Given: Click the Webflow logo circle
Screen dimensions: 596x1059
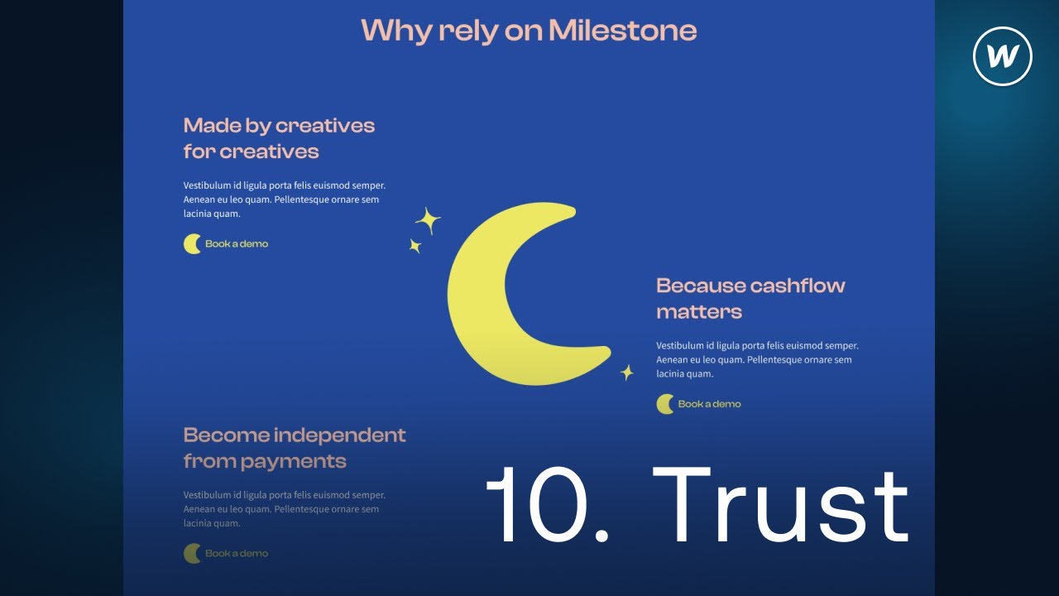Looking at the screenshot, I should tap(1003, 57).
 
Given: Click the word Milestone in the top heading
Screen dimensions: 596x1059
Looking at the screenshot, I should tap(622, 31).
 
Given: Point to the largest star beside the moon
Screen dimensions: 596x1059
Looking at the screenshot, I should tap(428, 221).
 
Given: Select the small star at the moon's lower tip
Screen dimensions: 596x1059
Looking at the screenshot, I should tap(627, 372).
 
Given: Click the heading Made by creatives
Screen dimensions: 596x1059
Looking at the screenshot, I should tap(279, 126).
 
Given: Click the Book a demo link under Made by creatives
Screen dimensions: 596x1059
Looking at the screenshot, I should tap(237, 244).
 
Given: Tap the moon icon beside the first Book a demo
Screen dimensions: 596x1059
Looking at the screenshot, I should tap(192, 244).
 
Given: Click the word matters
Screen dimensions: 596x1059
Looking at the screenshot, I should tap(699, 312).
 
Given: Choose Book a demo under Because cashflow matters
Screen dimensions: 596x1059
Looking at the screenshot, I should tap(709, 404).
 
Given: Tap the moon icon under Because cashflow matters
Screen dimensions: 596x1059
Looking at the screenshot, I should tap(665, 404).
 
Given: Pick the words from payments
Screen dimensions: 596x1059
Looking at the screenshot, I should tap(265, 461).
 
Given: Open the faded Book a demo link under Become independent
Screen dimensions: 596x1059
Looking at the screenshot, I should tap(237, 553).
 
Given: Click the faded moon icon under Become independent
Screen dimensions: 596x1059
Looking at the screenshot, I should tap(192, 553).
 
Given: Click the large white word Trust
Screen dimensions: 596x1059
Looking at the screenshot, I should tap(782, 505).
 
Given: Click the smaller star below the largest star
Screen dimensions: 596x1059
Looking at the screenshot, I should tap(415, 246).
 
